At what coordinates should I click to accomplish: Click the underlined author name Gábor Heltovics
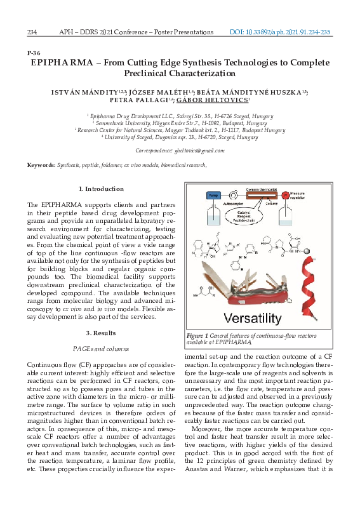[203, 100]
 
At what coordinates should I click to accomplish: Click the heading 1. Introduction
[100, 189]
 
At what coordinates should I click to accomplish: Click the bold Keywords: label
[41, 166]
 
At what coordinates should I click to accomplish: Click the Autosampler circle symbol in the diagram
[235, 194]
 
